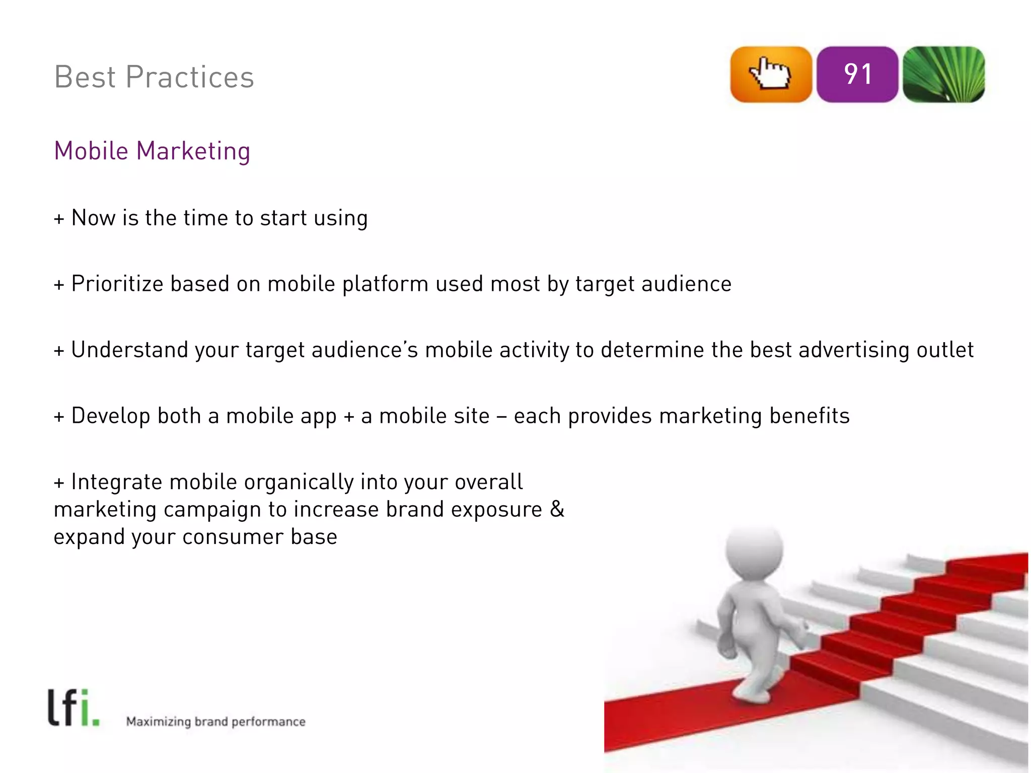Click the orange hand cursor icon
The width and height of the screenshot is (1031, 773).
771,74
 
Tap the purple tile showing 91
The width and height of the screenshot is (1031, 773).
857,74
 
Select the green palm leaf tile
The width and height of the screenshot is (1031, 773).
943,74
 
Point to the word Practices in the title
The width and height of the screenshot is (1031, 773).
190,77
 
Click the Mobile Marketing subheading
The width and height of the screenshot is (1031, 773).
152,151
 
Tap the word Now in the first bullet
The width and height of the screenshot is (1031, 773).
93,218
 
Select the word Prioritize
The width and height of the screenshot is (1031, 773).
117,284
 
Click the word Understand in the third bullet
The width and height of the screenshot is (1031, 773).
129,350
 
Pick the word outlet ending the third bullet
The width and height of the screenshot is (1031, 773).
945,350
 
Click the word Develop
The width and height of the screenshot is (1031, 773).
111,416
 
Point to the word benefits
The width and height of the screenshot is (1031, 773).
809,416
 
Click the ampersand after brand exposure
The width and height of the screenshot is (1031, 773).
557,509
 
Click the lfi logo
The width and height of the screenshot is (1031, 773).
73,708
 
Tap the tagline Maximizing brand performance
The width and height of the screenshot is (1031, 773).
215,722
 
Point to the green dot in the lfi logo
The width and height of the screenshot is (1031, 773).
96,723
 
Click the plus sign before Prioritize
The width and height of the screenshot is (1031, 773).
59,285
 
